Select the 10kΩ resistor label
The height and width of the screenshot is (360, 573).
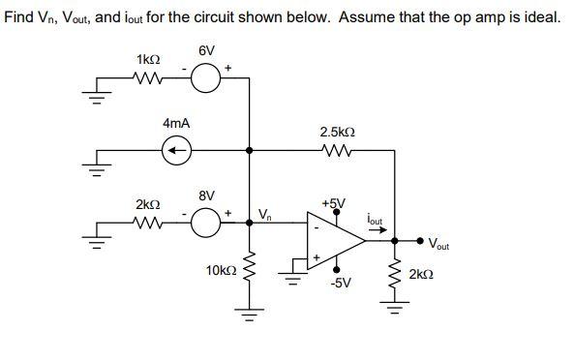coord(220,271)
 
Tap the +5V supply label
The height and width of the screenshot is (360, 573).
coord(333,204)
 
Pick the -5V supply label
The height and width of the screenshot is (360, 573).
coord(340,283)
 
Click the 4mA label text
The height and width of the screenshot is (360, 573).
coord(176,124)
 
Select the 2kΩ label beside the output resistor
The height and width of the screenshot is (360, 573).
coord(423,276)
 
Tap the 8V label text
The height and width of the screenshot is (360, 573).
coord(206,196)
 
